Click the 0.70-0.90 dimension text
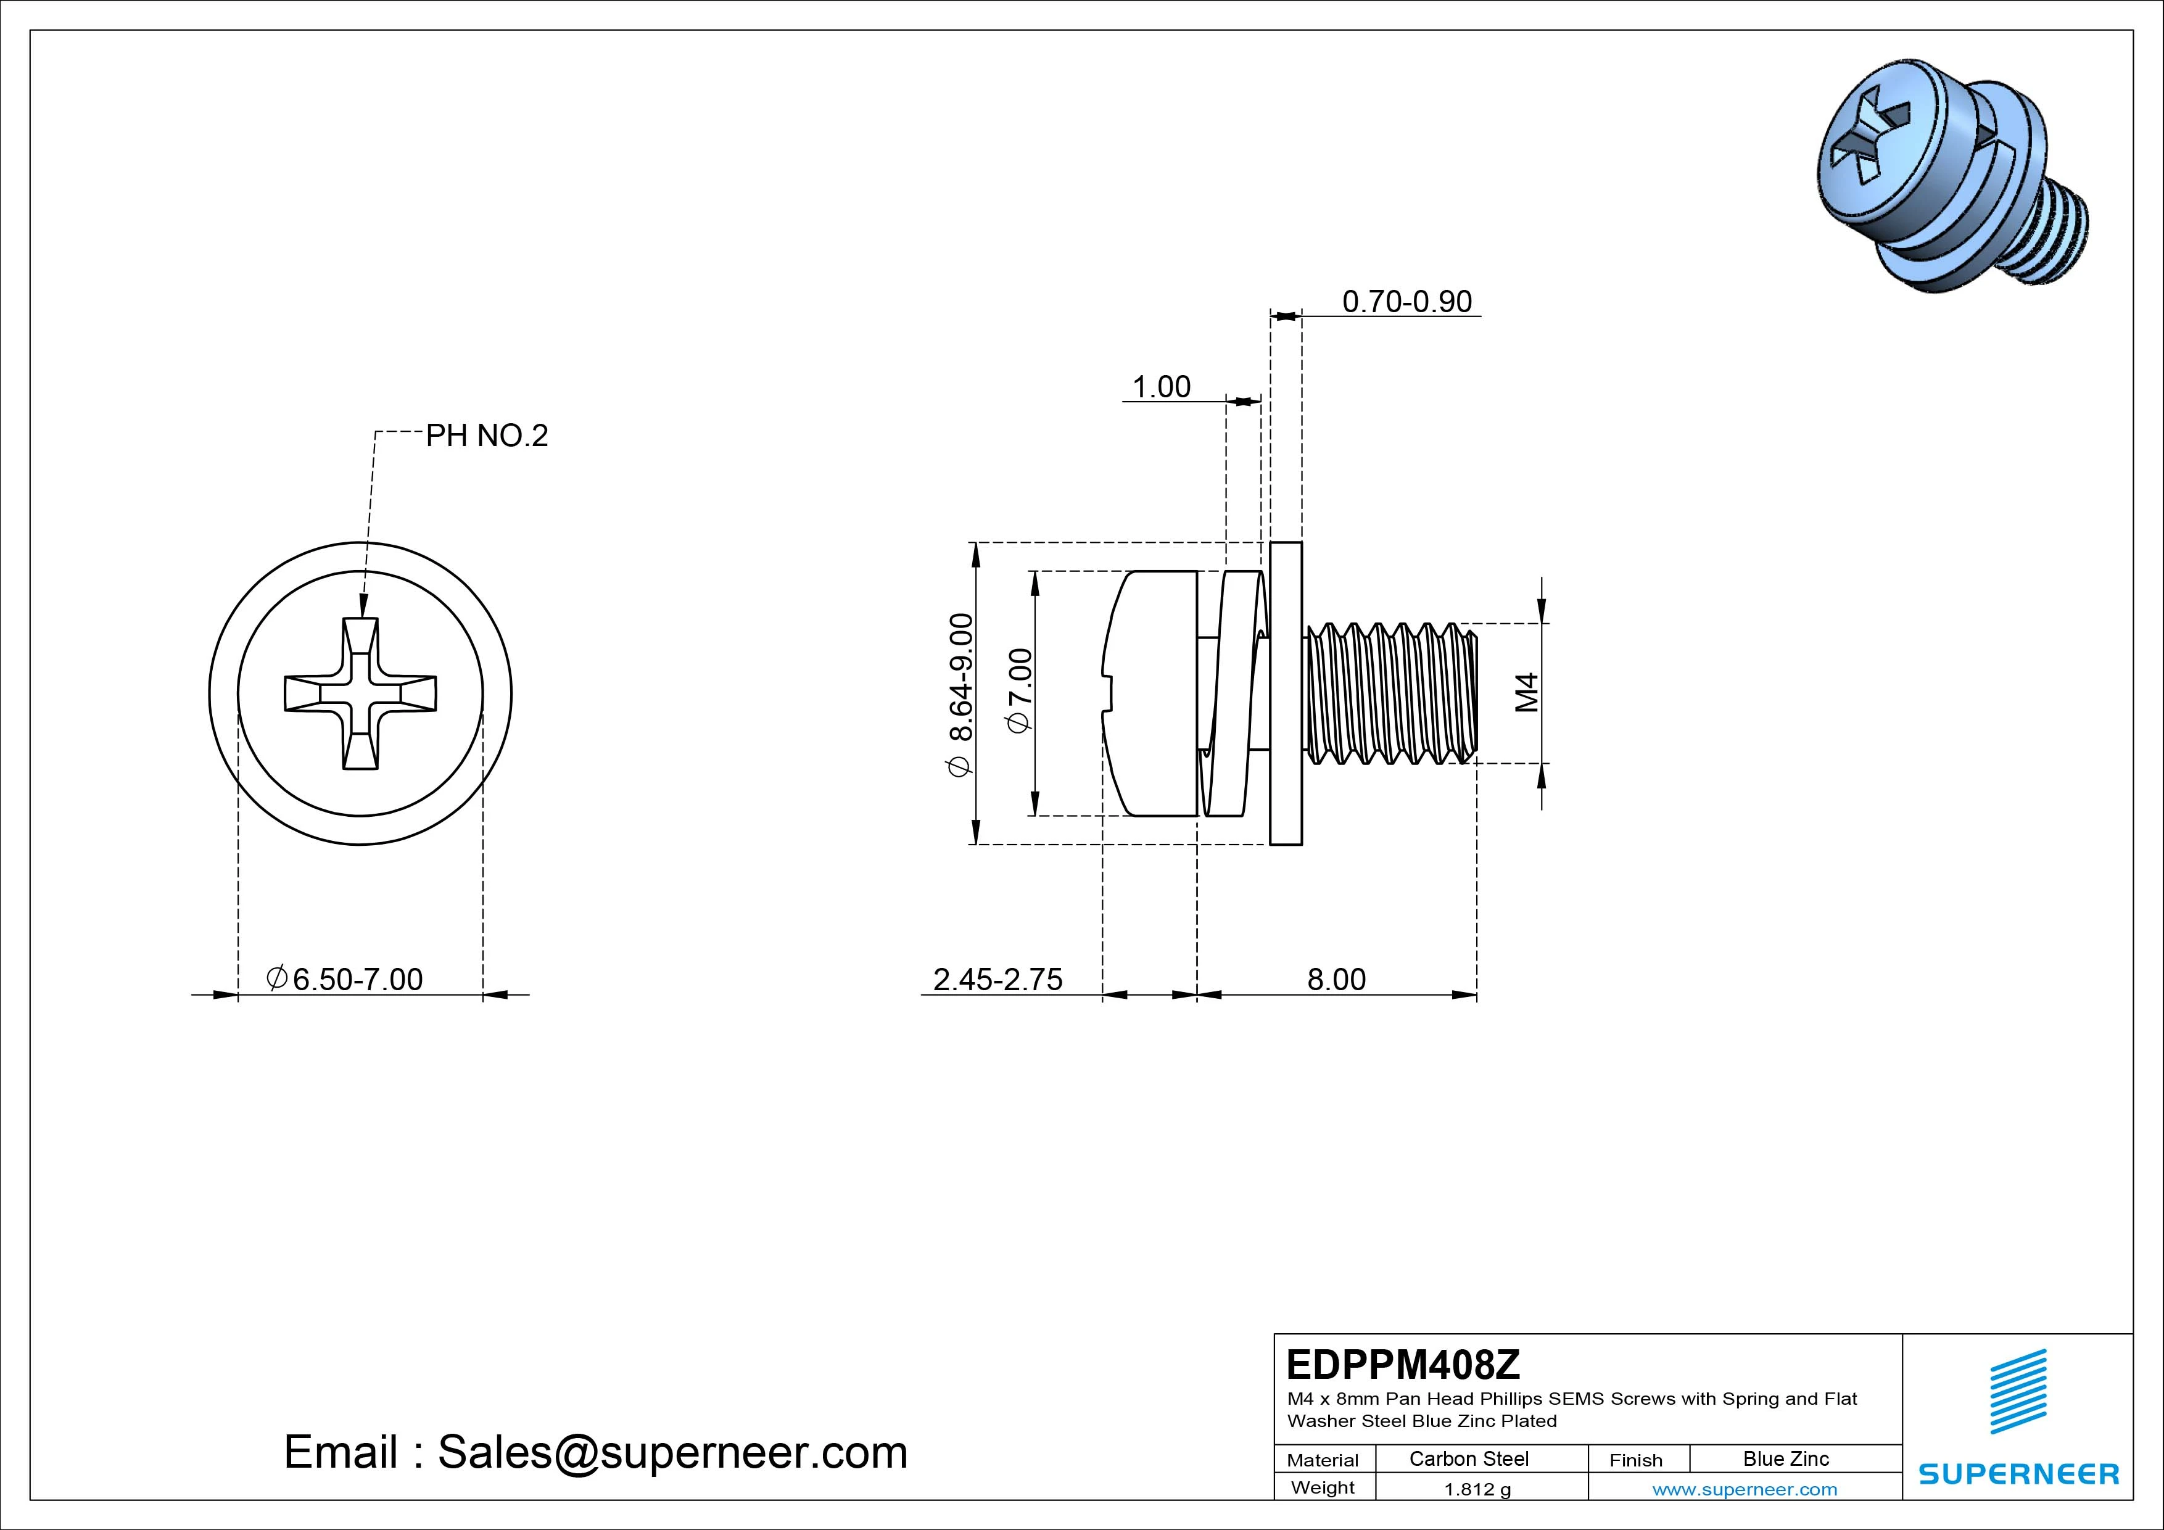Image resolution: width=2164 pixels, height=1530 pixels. pos(1406,302)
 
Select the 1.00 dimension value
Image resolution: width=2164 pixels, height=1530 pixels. pos(1161,386)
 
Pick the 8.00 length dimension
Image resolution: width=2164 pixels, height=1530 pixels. pos(1336,980)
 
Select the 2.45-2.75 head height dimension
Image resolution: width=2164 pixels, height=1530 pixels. pos(997,980)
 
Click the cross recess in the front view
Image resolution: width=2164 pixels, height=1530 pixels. pos(360,694)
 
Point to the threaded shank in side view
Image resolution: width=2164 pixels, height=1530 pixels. pos(1390,694)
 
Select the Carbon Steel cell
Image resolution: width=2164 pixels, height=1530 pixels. pos(1468,1458)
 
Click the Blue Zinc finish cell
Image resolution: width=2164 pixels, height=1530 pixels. pos(1785,1458)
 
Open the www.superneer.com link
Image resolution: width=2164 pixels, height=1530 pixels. pos(1745,1489)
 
